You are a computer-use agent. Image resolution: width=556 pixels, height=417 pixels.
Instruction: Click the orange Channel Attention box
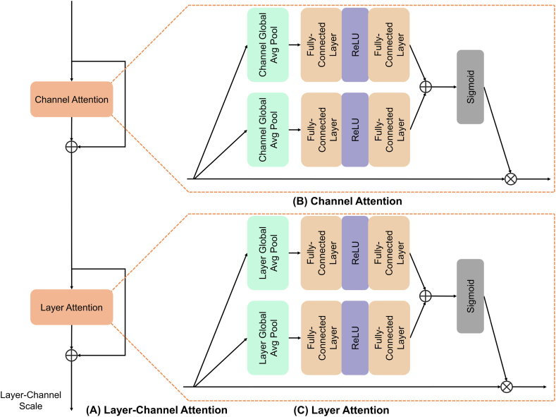[x=71, y=99]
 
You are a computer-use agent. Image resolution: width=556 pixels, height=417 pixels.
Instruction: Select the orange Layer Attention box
[x=71, y=308]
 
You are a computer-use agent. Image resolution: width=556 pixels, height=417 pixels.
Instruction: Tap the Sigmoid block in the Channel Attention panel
[x=470, y=87]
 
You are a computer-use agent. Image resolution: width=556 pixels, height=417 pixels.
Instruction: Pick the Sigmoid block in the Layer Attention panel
[x=470, y=296]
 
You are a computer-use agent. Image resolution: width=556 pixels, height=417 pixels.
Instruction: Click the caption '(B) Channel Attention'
[x=347, y=201]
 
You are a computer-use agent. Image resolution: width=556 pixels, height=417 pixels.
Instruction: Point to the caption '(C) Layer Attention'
[x=341, y=409]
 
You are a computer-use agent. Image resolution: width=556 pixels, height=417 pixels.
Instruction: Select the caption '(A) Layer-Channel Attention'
[x=156, y=409]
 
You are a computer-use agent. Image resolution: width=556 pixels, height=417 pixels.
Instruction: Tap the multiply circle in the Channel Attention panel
[x=510, y=179]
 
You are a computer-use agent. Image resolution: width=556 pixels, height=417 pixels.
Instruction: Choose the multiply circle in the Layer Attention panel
[x=505, y=387]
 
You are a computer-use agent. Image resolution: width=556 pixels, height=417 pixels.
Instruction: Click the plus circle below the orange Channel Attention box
[x=71, y=146]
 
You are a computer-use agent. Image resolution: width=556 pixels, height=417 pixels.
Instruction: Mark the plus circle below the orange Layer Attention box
[x=71, y=354]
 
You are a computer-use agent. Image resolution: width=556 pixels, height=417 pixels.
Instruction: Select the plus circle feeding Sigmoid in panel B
[x=425, y=87]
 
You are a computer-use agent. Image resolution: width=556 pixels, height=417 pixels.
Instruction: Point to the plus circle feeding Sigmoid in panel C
[x=425, y=296]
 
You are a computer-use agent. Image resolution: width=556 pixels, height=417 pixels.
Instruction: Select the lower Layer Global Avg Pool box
[x=268, y=337]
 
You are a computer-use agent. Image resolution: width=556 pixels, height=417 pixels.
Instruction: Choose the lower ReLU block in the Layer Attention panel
[x=354, y=337]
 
